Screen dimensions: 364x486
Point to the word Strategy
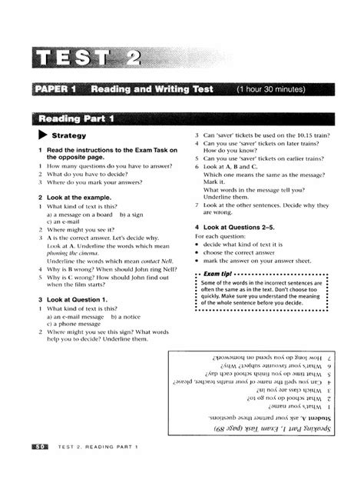tap(69, 136)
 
